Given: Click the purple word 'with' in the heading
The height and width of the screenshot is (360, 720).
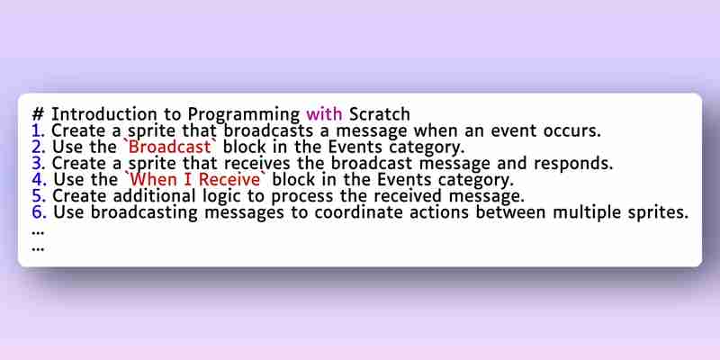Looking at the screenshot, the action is click(x=324, y=114).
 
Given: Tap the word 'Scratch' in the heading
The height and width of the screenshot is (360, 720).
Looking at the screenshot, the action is click(x=380, y=114).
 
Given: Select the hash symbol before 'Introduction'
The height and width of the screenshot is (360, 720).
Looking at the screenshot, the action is click(x=38, y=114).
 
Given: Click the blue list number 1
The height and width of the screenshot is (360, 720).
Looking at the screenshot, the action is click(x=39, y=130).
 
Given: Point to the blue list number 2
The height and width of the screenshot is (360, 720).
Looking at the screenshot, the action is click(x=39, y=147).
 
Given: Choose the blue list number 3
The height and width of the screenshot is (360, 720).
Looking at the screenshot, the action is click(x=39, y=163).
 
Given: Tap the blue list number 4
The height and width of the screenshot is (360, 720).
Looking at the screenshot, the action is click(x=39, y=179).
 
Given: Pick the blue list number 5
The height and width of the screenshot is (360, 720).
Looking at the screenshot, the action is click(x=39, y=195).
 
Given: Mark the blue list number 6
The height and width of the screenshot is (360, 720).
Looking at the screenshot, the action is click(x=39, y=212).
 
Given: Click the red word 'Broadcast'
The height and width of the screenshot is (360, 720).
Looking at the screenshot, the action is click(x=170, y=147).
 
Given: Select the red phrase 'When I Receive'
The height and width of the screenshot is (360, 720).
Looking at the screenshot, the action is click(x=197, y=179).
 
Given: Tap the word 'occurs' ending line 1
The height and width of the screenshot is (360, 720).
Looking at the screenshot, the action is click(x=572, y=130).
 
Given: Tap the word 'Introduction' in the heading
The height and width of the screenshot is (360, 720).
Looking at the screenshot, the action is click(x=103, y=114).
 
